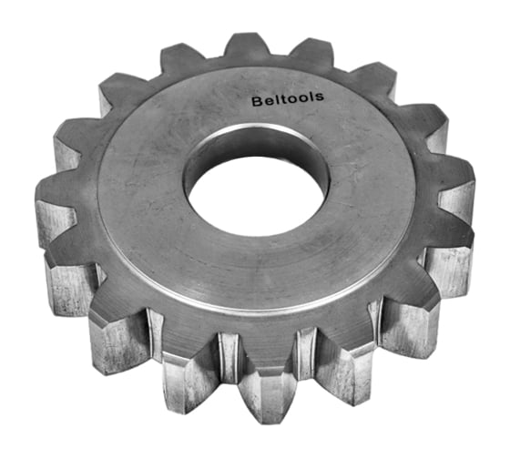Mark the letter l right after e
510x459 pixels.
[274, 102]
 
